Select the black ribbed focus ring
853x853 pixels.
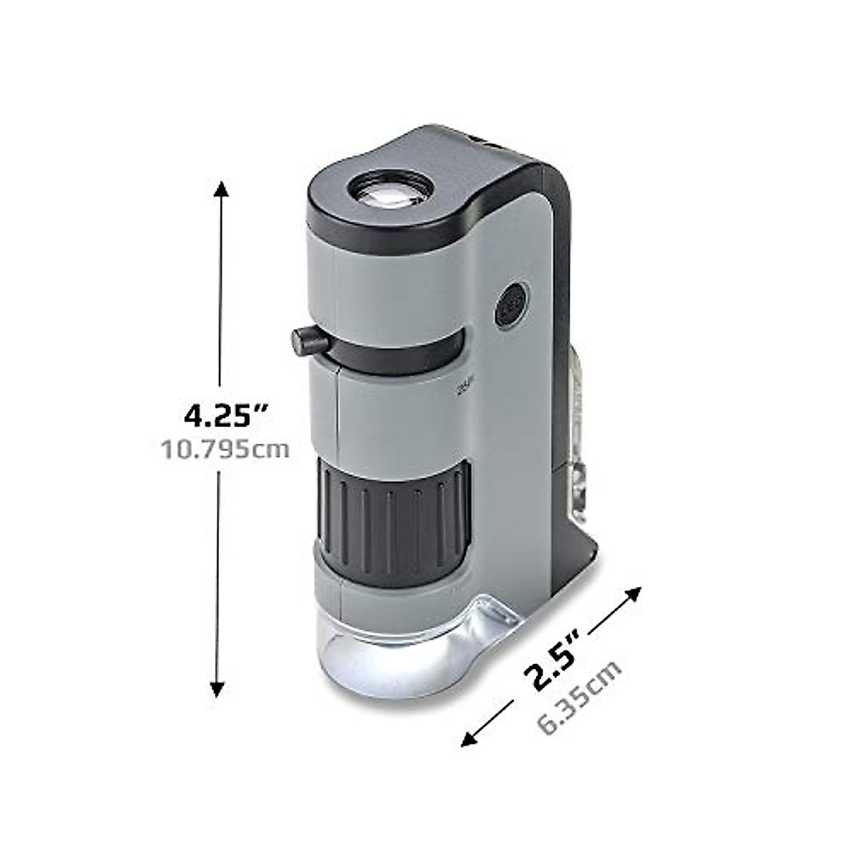pyautogui.click(x=391, y=508)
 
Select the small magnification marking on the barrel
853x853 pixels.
pyautogui.click(x=462, y=388)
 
